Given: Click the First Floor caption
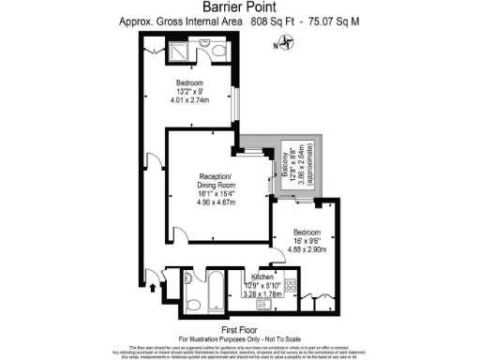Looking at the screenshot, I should point(239,329).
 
